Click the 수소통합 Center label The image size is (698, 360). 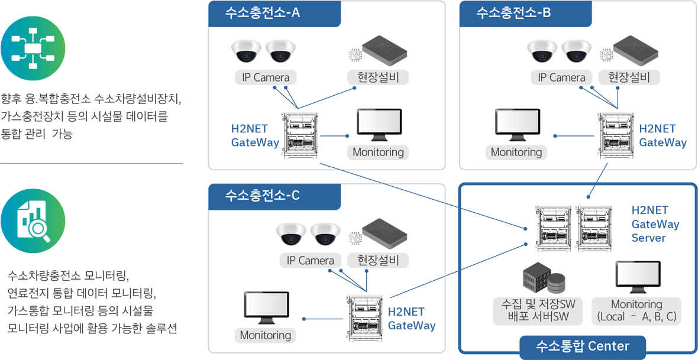click(582, 346)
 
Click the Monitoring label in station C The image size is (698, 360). click(266, 335)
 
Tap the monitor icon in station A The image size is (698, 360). click(378, 125)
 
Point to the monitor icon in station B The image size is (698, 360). click(517, 125)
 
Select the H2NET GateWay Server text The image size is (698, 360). click(655, 224)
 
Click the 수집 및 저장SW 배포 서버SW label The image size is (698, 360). click(538, 310)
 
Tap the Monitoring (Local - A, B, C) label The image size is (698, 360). click(636, 310)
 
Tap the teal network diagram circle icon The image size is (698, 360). click(33, 48)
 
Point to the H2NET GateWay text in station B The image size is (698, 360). click(663, 135)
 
